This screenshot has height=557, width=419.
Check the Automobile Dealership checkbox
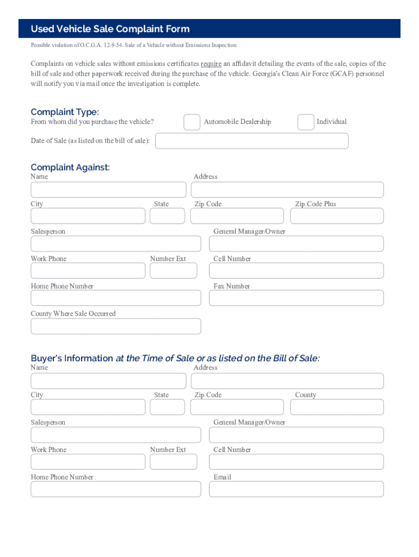click(x=192, y=122)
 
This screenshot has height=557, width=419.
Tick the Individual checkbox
click(x=305, y=122)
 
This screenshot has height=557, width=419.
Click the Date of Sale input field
click(x=251, y=141)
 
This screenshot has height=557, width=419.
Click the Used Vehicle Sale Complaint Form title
click(x=110, y=29)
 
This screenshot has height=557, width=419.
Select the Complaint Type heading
click(x=65, y=112)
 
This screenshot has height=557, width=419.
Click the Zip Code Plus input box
click(x=336, y=216)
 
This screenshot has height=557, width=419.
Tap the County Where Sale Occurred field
click(x=115, y=326)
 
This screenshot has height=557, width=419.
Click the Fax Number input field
click(x=296, y=298)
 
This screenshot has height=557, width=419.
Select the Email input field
click(x=296, y=489)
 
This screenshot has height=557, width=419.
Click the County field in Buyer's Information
click(x=336, y=407)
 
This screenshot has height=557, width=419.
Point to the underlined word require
click(x=211, y=64)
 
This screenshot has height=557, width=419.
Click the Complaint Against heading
click(x=70, y=167)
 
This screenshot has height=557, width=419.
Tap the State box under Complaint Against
click(x=167, y=216)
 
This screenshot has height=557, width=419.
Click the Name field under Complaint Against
click(x=108, y=190)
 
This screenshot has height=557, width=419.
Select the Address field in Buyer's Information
click(x=287, y=381)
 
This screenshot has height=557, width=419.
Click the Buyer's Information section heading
click(x=175, y=358)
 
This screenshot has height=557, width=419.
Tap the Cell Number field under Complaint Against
click(x=296, y=271)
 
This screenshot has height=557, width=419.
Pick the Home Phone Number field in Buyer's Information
click(x=115, y=489)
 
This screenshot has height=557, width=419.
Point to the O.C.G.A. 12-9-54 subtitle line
click(x=134, y=45)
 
